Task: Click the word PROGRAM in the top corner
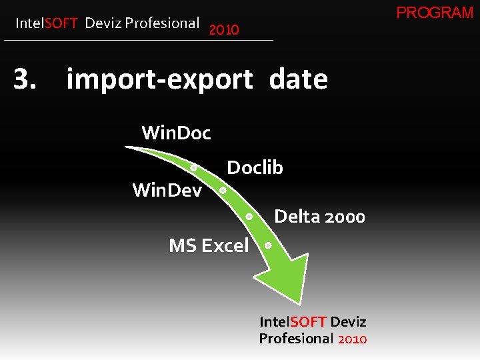point(435,13)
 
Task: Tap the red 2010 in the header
point(223,30)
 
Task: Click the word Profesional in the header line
point(162,23)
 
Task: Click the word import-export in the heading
point(159,80)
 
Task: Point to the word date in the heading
point(298,80)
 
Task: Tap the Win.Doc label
point(176,133)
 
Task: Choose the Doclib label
point(255,168)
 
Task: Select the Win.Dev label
point(167,191)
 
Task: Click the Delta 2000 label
point(319,217)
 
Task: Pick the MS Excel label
point(209,245)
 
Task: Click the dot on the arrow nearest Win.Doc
point(193,167)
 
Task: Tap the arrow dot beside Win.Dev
point(223,190)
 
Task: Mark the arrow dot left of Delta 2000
point(248,216)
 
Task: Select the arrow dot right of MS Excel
point(267,245)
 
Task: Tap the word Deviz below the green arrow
point(348,322)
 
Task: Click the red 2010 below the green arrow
point(352,339)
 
